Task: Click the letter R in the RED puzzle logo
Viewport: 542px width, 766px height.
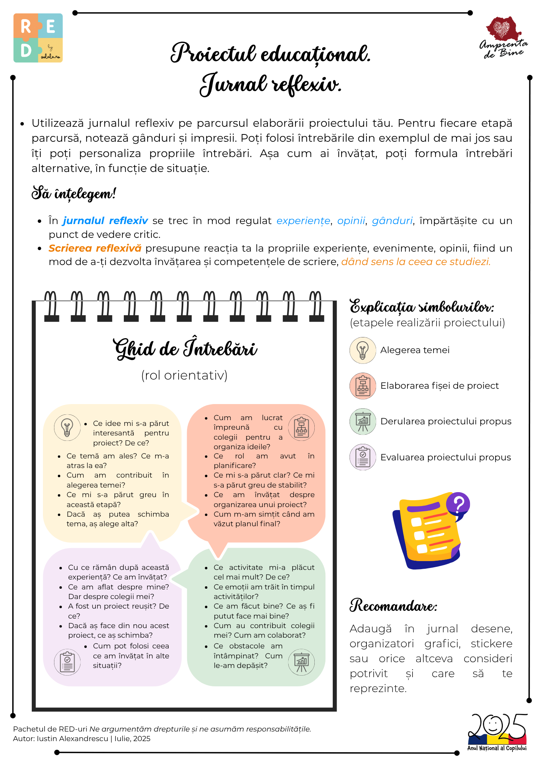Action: coord(26,27)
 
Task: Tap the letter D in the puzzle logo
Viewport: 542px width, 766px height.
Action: coord(26,50)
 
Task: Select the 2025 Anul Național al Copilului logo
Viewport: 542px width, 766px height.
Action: coord(497,732)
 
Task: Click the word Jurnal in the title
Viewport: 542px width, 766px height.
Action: coord(233,84)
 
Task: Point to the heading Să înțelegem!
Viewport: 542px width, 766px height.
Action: coord(74,193)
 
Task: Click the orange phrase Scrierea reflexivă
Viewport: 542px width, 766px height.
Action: coord(95,248)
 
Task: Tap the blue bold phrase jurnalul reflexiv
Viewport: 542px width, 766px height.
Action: coord(105,221)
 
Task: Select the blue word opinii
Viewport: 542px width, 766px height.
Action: coord(351,221)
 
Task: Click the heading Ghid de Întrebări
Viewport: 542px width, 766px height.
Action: coord(185,349)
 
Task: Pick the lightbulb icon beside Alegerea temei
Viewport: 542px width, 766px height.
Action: coord(363,350)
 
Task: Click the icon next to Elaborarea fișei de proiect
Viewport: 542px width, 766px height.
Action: coord(363,386)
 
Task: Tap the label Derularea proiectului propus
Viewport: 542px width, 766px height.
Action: coord(446,421)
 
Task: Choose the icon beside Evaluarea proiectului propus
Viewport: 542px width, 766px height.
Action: coord(363,457)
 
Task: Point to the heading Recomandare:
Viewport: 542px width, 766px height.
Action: coord(393,606)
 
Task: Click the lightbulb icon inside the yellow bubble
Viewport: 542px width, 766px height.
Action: coord(67,427)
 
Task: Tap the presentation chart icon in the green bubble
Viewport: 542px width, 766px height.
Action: coord(301,662)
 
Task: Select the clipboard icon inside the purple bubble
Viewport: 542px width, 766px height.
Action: coord(67,662)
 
